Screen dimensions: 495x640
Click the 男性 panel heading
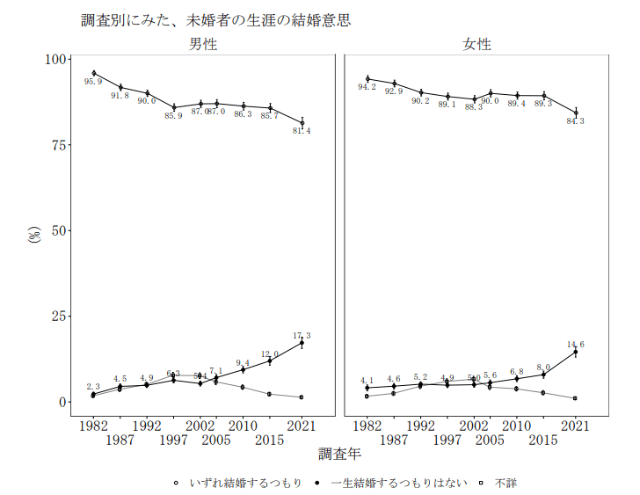(x=203, y=44)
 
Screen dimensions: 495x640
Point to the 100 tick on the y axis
(x=57, y=59)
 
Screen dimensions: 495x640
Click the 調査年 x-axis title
(x=339, y=455)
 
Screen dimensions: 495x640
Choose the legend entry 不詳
(x=505, y=483)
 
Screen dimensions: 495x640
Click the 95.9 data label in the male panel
(x=93, y=82)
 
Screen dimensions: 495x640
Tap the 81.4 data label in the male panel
(x=302, y=131)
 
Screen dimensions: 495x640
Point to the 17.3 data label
(x=302, y=336)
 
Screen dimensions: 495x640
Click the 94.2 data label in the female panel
(x=367, y=87)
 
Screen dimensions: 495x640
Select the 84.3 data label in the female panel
(x=575, y=120)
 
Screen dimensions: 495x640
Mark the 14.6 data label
(x=575, y=345)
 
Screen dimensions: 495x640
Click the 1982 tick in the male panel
(x=93, y=426)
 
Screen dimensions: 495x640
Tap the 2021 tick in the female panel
(x=575, y=426)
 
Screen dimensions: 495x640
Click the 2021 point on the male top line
(x=302, y=122)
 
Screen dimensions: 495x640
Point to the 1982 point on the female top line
(x=367, y=79)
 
